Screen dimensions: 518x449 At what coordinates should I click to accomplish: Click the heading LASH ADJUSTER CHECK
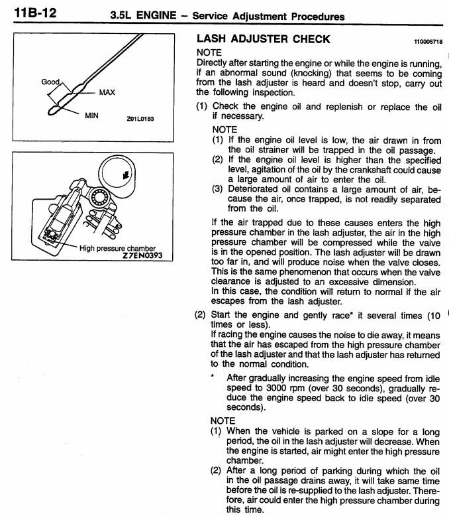(x=263, y=39)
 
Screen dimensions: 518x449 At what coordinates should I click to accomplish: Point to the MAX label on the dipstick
(x=107, y=92)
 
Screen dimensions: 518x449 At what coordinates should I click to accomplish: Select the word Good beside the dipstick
(x=50, y=82)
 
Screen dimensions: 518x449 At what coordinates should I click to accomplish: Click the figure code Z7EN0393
(x=147, y=255)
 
